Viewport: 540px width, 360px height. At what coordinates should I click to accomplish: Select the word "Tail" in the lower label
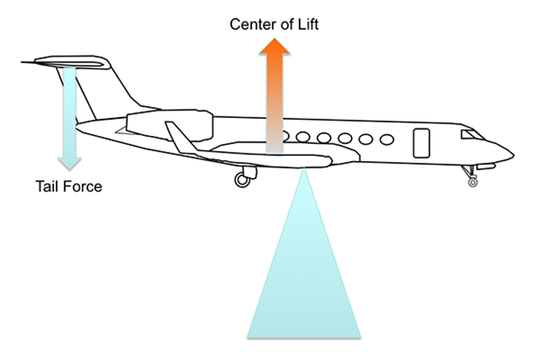click(x=48, y=185)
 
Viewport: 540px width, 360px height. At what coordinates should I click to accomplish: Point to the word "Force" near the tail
click(x=83, y=185)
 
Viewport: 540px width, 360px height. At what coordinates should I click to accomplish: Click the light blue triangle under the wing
click(x=303, y=278)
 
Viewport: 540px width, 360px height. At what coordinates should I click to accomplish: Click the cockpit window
click(x=468, y=135)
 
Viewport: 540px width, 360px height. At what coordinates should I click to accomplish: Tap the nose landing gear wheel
click(x=472, y=180)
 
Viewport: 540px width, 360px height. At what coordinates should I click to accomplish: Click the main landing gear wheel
click(x=241, y=180)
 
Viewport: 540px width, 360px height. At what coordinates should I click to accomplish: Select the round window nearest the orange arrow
click(x=288, y=136)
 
